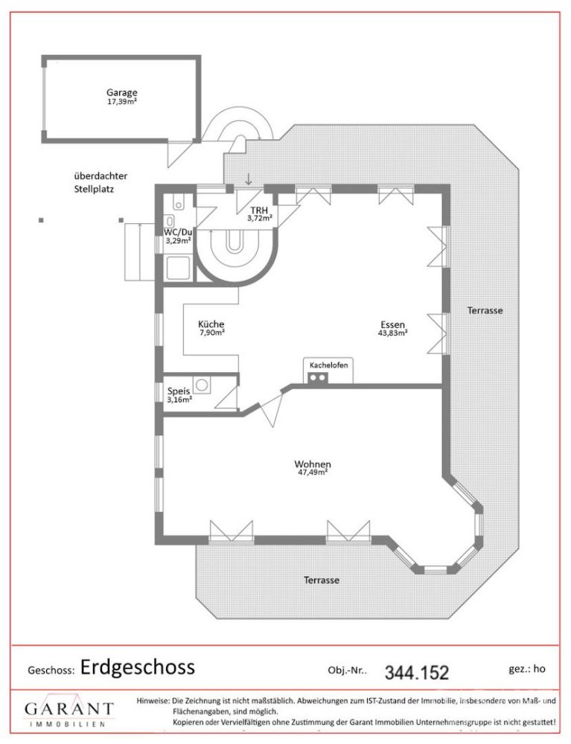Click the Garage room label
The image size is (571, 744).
pyautogui.click(x=121, y=93)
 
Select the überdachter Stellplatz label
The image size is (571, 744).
pyautogui.click(x=100, y=182)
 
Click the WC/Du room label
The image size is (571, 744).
pyautogui.click(x=178, y=231)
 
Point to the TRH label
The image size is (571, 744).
pyautogui.click(x=259, y=211)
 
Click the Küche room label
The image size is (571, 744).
pyautogui.click(x=211, y=324)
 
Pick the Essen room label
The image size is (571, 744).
pyautogui.click(x=392, y=324)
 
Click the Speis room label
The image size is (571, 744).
pyautogui.click(x=179, y=391)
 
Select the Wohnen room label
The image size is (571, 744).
pyautogui.click(x=313, y=464)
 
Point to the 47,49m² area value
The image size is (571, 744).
pyautogui.click(x=313, y=472)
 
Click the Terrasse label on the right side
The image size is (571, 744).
pyautogui.click(x=485, y=310)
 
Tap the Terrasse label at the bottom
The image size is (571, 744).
pyautogui.click(x=322, y=580)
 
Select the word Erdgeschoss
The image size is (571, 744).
pyautogui.click(x=138, y=667)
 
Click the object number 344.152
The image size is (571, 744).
pyautogui.click(x=417, y=673)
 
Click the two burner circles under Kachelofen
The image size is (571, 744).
pyautogui.click(x=319, y=378)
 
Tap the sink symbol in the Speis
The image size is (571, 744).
pyautogui.click(x=205, y=385)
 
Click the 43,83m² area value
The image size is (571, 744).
pyautogui.click(x=392, y=333)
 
